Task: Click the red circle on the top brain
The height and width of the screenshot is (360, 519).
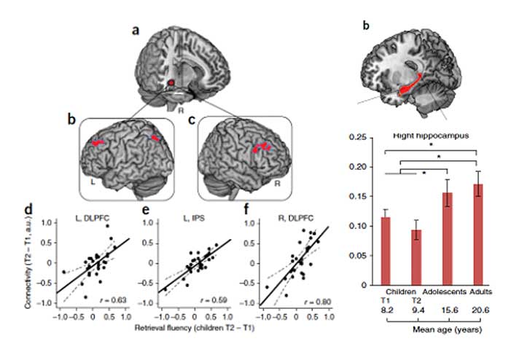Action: [171, 84]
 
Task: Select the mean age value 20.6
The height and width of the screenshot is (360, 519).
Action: [478, 310]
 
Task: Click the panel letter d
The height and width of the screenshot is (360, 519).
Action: [27, 211]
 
